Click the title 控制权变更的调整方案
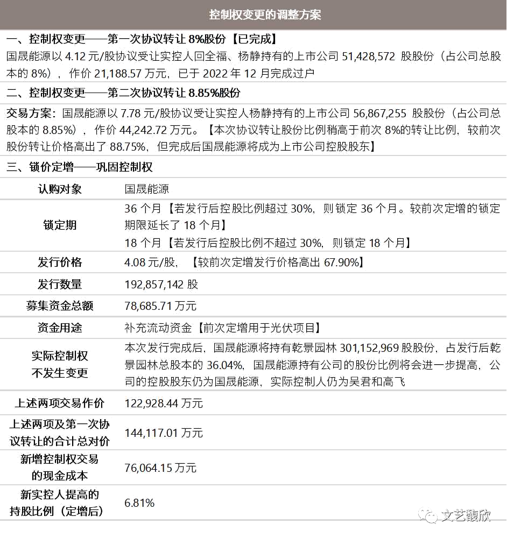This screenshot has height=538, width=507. click(265, 15)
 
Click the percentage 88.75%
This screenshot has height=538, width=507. click(128, 147)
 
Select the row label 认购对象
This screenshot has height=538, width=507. click(60, 189)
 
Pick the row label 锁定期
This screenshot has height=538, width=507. click(60, 225)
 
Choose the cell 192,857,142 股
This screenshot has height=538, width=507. click(161, 285)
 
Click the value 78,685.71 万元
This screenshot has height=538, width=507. click(160, 306)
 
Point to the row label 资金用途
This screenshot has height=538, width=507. click(60, 328)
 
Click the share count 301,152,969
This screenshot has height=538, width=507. click(369, 348)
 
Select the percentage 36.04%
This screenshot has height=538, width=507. click(225, 365)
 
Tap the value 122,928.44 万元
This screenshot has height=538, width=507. click(164, 403)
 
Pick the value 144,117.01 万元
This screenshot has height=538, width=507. click(164, 433)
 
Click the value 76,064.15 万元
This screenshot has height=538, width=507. click(160, 468)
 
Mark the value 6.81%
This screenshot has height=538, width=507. click(139, 503)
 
